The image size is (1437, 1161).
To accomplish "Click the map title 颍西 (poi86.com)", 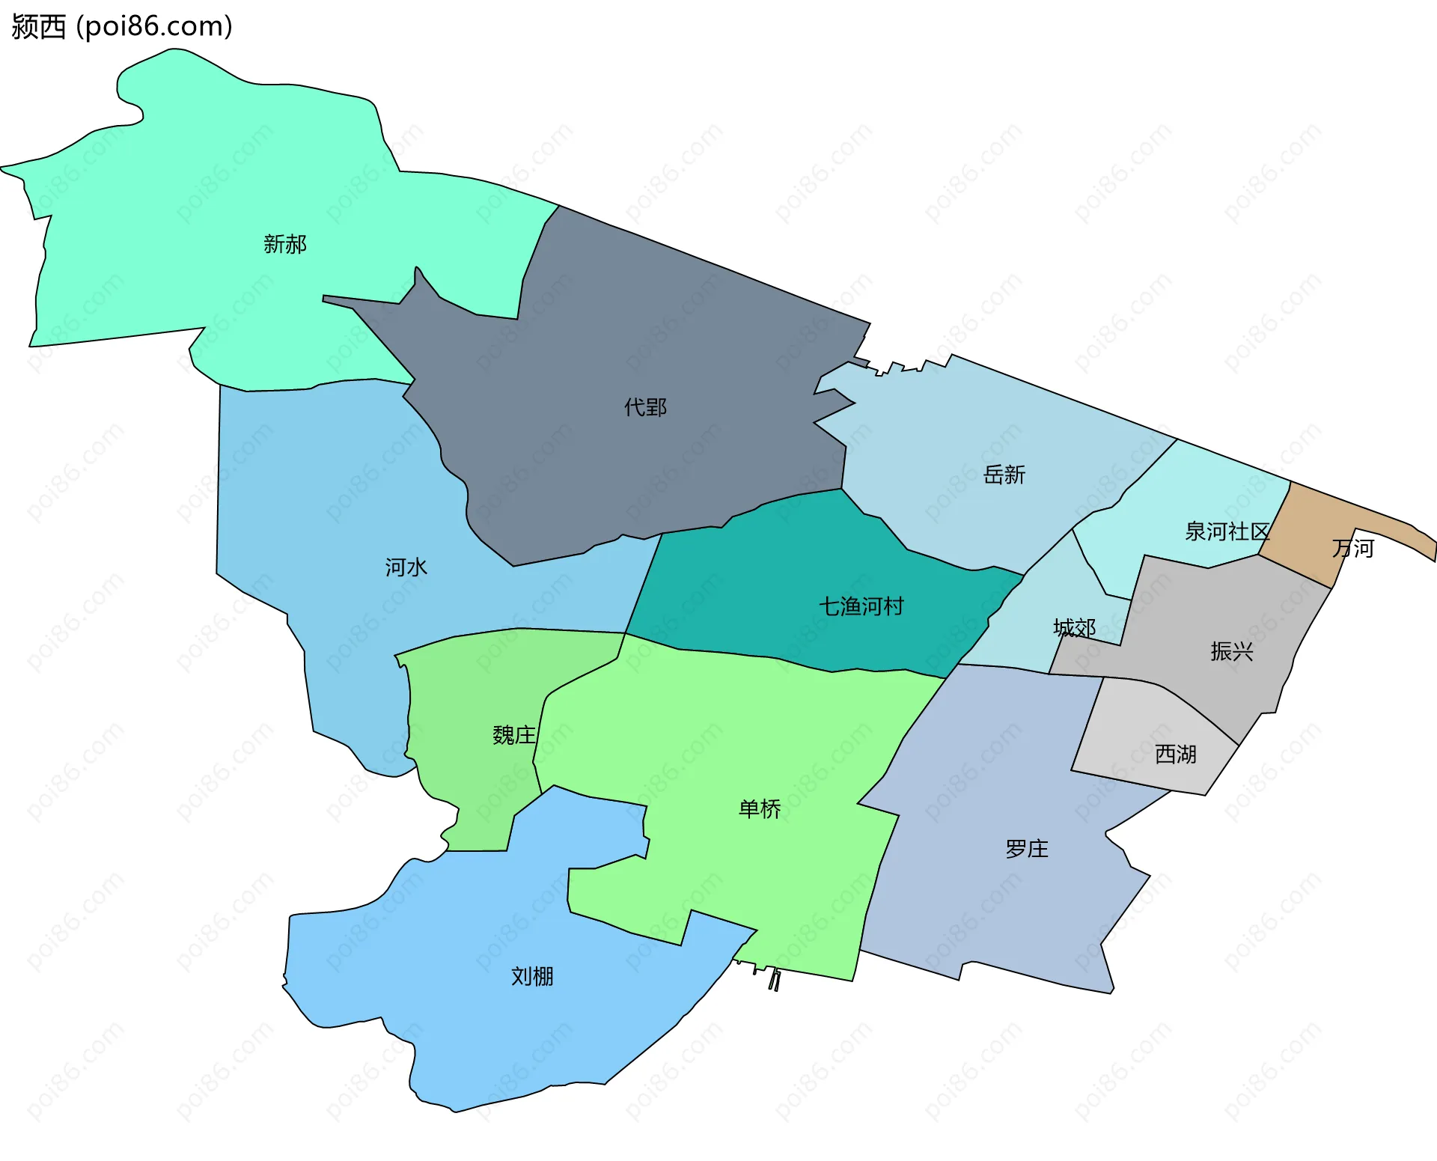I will point(122,27).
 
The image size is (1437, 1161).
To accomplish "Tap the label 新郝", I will point(285,244).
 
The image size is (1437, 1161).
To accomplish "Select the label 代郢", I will point(645,407).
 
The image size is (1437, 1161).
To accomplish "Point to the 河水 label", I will point(406,567).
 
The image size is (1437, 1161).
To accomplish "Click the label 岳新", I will point(1004,475).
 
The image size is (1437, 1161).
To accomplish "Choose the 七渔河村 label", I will point(861,606).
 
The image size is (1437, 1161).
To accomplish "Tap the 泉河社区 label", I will point(1227,531).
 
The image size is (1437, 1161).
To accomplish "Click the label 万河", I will point(1352,549).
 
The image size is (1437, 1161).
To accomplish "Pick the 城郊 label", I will point(1074,627).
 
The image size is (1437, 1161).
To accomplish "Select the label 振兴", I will point(1231,651).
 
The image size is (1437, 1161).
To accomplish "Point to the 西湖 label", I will point(1175,754).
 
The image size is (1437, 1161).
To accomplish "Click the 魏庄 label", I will point(514,735).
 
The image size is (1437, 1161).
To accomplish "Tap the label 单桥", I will point(760,809).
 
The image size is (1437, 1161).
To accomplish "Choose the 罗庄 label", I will point(1027,849).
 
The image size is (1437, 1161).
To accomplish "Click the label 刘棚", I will point(532,976).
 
